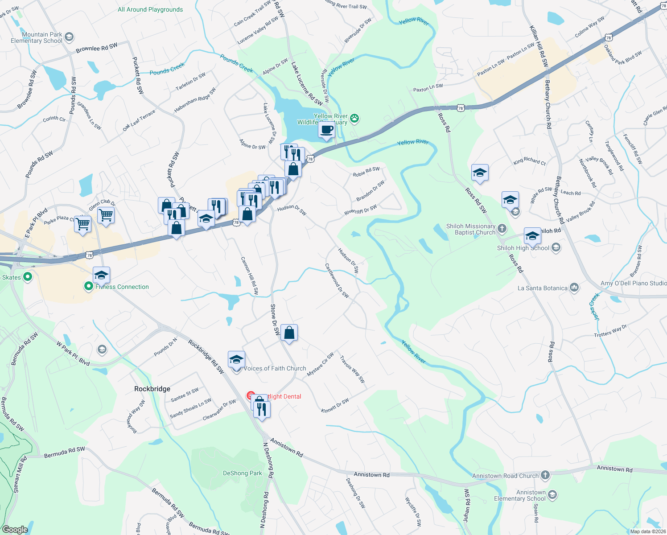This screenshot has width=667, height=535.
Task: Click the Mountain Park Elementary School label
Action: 37,37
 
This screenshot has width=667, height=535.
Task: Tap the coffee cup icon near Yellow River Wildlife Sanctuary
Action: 327,130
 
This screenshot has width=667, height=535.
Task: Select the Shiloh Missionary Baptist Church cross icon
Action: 502,229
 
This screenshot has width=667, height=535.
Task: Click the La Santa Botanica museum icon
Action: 574,288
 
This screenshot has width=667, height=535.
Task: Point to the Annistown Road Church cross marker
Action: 545,475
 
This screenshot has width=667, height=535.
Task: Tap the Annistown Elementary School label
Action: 519,495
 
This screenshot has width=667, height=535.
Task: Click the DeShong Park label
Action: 243,473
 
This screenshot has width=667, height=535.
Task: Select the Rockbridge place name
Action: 152,389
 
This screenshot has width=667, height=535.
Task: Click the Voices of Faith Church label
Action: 275,368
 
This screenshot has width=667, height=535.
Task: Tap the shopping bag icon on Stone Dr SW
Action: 289,333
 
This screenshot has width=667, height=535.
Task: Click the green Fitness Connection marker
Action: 89,286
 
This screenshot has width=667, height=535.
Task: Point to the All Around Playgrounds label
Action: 150,9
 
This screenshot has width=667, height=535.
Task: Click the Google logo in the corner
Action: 15,530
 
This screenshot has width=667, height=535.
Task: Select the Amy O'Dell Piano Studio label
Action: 634,283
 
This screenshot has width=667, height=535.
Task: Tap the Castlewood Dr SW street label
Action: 337,280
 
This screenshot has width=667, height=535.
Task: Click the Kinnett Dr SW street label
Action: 335,405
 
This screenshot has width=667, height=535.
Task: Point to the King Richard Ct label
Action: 529,161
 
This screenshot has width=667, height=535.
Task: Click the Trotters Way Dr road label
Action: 610,331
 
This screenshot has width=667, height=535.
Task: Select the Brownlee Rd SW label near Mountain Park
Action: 96,47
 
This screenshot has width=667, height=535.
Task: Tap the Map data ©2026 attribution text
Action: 648,531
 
